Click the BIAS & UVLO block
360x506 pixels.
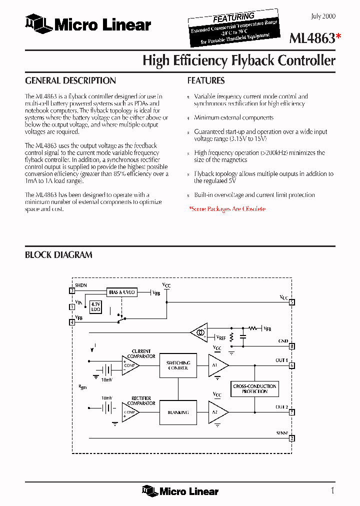[122, 292]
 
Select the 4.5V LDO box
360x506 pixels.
[95, 306]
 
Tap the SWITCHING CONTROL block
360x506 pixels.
[178, 365]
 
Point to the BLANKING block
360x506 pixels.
[178, 412]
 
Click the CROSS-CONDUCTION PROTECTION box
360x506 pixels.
[255, 388]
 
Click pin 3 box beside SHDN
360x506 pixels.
[72, 290]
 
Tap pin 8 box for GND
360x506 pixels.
[292, 345]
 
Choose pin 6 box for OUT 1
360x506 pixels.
[292, 365]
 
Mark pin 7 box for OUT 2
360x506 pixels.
[292, 412]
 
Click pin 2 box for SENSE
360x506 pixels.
[292, 438]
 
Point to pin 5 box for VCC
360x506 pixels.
[292, 302]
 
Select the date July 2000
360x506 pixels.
[323, 16]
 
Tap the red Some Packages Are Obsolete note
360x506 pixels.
[227, 209]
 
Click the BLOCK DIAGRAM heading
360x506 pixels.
[58, 255]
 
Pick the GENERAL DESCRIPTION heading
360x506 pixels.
[70, 80]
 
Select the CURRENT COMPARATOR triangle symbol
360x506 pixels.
[129, 365]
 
